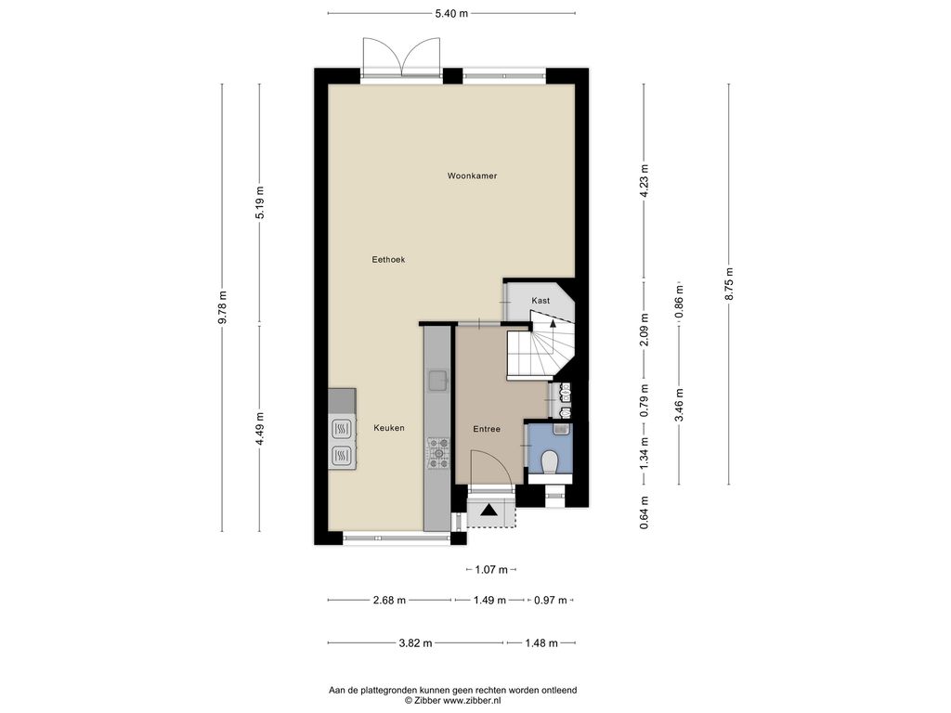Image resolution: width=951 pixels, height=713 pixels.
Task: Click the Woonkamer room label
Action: pos(472,175)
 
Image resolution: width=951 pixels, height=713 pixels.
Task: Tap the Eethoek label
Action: pos(388,260)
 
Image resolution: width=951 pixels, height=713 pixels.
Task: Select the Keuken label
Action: pos(389,427)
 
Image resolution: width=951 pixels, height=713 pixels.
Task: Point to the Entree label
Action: pos(487,429)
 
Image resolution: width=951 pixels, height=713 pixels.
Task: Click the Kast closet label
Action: pos(541,300)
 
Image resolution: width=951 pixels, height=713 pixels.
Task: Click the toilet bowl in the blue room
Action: pos(551,462)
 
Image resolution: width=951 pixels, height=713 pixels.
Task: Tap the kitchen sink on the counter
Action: pos(438,381)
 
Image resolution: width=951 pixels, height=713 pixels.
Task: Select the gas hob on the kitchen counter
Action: pos(438,453)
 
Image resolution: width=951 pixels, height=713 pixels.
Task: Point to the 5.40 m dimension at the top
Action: pos(451,13)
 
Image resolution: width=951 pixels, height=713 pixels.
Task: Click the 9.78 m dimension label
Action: pos(222,307)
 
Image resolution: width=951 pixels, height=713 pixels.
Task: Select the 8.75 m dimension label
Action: pos(729,283)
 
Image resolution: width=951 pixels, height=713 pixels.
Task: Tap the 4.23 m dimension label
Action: pos(645,181)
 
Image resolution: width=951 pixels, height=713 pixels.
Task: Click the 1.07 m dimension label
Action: pos(491,569)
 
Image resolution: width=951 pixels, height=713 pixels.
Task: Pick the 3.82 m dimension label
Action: pos(415,642)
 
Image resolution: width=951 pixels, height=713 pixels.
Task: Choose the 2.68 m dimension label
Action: pos(389,601)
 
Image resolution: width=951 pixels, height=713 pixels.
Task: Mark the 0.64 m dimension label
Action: pos(645,512)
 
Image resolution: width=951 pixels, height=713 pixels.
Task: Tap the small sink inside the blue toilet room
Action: pos(561,429)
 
